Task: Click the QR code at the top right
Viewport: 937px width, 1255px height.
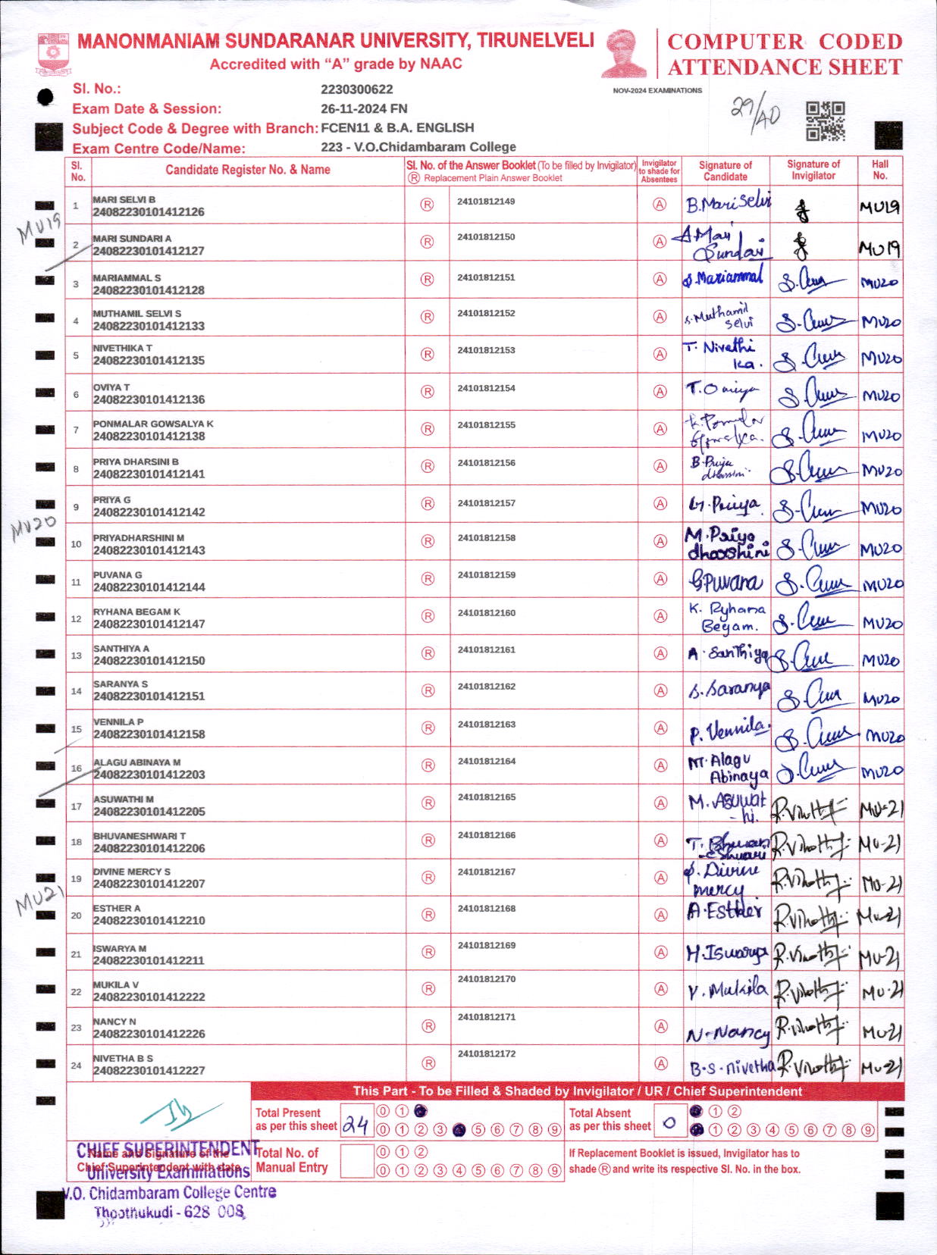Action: [x=825, y=121]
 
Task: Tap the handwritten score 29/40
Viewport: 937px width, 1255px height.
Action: [x=754, y=114]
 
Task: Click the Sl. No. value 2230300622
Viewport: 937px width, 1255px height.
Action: [x=356, y=89]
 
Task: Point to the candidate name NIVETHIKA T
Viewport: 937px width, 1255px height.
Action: [x=123, y=348]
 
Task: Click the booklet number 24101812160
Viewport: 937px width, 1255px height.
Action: [x=486, y=612]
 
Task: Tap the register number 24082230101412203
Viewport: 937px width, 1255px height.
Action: [x=149, y=775]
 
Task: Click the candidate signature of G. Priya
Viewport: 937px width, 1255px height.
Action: [x=724, y=504]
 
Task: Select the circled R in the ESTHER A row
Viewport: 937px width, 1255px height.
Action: [x=428, y=915]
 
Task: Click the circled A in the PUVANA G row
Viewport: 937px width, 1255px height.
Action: [x=660, y=579]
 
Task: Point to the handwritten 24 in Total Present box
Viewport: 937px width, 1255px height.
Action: [x=356, y=1125]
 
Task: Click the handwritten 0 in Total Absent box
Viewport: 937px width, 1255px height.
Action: [x=669, y=1123]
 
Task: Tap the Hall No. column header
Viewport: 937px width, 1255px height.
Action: [x=879, y=170]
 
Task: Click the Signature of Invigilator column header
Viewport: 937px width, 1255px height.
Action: [x=813, y=170]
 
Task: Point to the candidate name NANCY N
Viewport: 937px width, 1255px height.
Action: [x=114, y=1022]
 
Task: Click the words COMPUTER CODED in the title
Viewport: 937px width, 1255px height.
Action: [x=785, y=42]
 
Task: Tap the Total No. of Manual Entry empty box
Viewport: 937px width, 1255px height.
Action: [x=356, y=1161]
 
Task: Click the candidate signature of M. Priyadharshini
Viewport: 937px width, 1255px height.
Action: [x=725, y=544]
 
